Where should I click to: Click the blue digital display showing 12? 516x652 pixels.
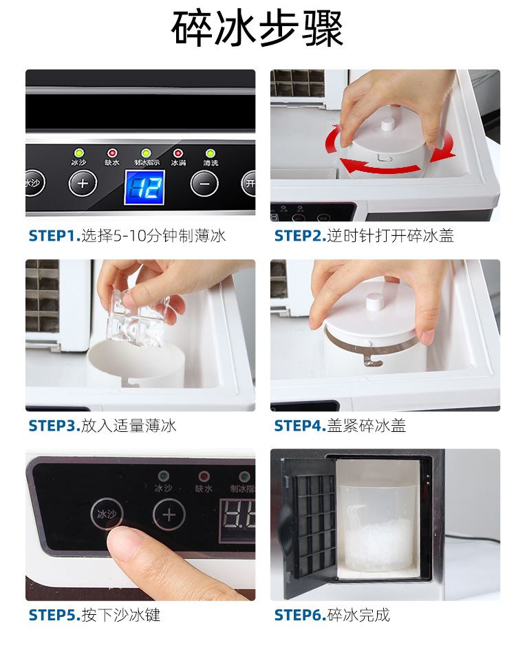(144, 186)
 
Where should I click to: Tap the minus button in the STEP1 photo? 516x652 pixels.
(204, 184)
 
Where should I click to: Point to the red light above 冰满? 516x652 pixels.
(178, 153)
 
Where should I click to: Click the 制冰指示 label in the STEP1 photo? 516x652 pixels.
(146, 163)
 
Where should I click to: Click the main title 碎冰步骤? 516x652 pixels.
(257, 29)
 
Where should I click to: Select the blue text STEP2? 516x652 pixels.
(299, 236)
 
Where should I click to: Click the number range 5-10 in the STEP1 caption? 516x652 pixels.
(127, 236)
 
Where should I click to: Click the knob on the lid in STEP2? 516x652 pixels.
(387, 124)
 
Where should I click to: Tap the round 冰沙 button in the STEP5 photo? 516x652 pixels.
(106, 514)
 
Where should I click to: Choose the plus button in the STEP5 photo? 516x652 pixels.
(169, 514)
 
